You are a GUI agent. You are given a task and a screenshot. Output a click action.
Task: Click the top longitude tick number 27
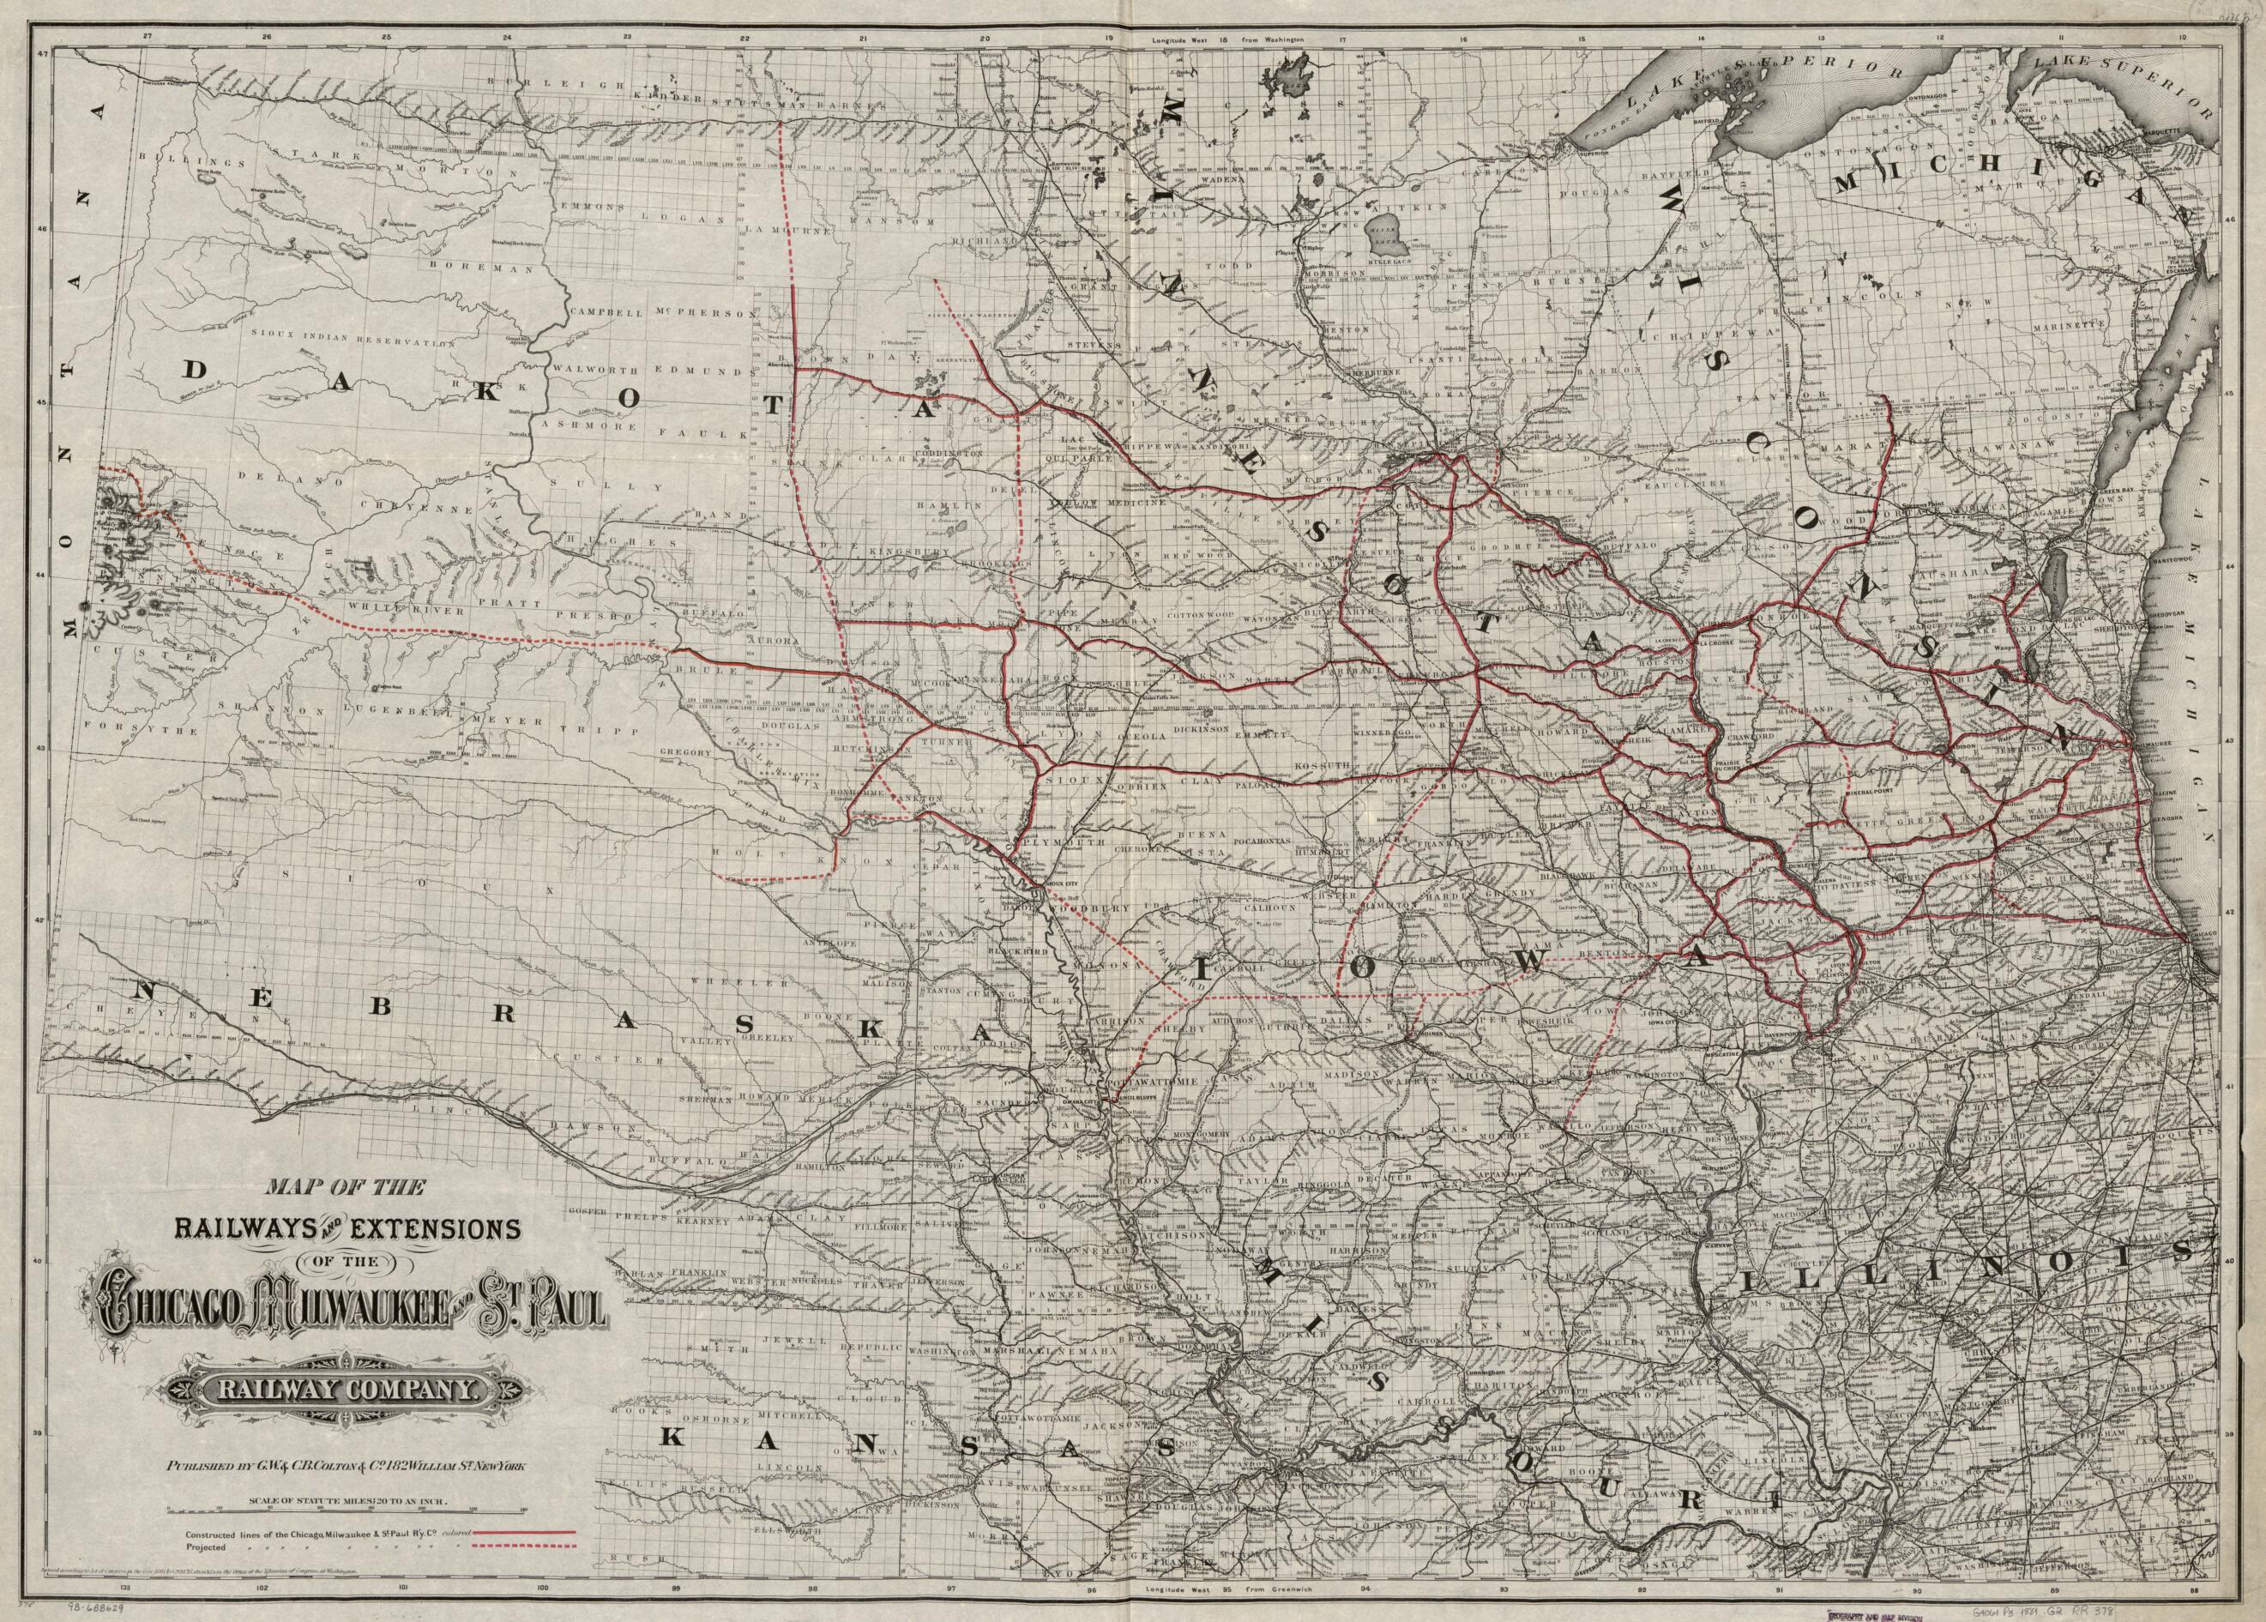click(x=148, y=37)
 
